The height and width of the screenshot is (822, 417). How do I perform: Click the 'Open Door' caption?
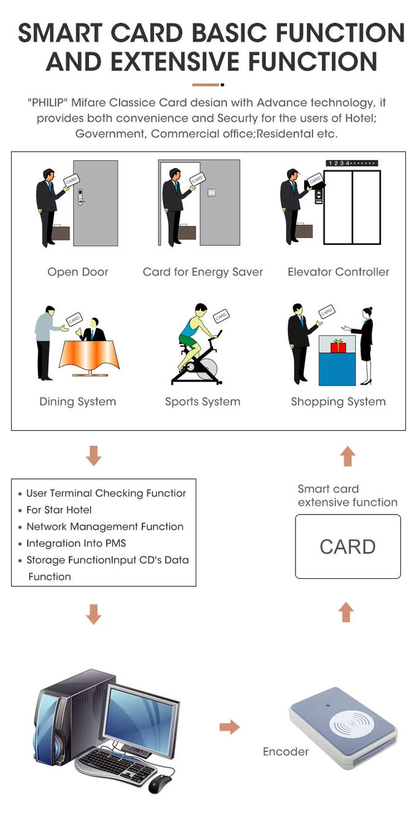[x=78, y=272]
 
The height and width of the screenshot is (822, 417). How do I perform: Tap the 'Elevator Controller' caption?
[x=339, y=272]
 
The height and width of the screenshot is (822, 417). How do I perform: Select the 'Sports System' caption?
[x=202, y=402]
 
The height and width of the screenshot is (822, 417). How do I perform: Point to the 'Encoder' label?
[x=286, y=751]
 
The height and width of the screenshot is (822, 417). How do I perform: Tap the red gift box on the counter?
[x=339, y=346]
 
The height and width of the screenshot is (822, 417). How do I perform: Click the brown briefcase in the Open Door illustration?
[x=61, y=232]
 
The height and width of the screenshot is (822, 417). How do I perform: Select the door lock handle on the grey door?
[x=81, y=197]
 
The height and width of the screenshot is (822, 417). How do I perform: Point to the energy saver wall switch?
[x=212, y=192]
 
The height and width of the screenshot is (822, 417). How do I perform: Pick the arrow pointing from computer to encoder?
[x=229, y=727]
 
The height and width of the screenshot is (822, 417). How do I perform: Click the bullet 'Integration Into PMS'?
[x=76, y=543]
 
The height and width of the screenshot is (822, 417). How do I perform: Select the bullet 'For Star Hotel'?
[x=59, y=510]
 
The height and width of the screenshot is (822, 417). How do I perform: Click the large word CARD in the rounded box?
[x=348, y=547]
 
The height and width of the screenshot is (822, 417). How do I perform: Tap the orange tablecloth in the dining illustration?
[x=90, y=354]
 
